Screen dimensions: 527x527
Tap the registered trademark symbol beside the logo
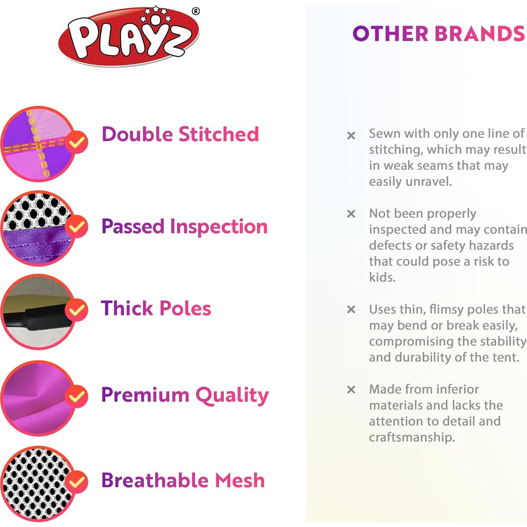pos(196,11)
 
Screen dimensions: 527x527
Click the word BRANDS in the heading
pos(480,34)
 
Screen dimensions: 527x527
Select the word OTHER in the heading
pos(390,34)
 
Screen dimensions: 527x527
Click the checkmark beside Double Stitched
pos(76,142)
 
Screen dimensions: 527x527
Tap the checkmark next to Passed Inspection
pos(76,226)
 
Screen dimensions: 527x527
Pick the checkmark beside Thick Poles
pos(76,310)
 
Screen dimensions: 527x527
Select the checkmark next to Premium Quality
pos(76,396)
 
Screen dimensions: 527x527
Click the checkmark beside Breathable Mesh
pos(76,482)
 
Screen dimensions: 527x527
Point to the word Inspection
pos(219,227)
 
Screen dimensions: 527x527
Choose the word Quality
pos(232,395)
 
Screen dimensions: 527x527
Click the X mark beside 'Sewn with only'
pos(351,136)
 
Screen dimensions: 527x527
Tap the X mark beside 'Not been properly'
pos(351,214)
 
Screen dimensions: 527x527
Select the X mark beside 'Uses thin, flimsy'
pos(351,309)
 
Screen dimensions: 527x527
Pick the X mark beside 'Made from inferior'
pos(351,390)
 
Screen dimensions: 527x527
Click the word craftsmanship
pos(411,437)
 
